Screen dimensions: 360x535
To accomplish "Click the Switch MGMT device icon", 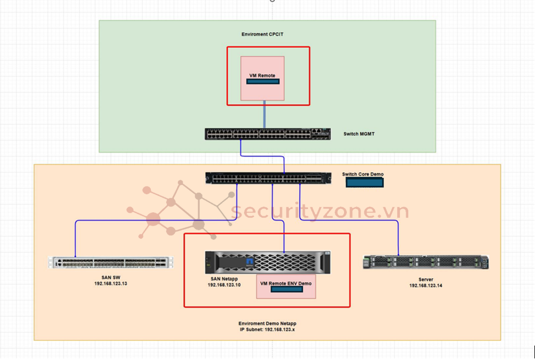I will pyautogui.click(x=268, y=134).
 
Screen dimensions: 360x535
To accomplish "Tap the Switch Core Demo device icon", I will pyautogui.click(x=268, y=178).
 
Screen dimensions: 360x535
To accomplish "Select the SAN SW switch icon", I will pyautogui.click(x=110, y=263).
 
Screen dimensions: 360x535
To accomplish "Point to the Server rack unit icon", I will pyautogui.click(x=425, y=262).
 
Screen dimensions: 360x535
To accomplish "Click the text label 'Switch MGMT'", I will pyautogui.click(x=359, y=134).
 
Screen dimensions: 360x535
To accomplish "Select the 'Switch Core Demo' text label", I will pyautogui.click(x=363, y=175).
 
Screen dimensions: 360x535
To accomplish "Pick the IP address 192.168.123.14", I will pyautogui.click(x=426, y=286).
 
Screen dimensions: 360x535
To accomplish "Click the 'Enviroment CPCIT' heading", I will pyautogui.click(x=262, y=35).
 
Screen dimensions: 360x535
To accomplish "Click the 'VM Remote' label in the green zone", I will pyautogui.click(x=262, y=75).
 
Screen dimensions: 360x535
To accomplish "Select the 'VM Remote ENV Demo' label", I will pyautogui.click(x=286, y=283).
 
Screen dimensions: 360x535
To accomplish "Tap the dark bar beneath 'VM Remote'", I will pyautogui.click(x=262, y=82).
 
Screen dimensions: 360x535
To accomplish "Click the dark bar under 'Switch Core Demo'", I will pyautogui.click(x=364, y=182).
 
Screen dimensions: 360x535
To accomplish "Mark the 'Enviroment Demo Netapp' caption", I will pyautogui.click(x=267, y=324).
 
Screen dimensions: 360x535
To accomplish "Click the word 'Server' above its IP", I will pyautogui.click(x=426, y=280).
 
